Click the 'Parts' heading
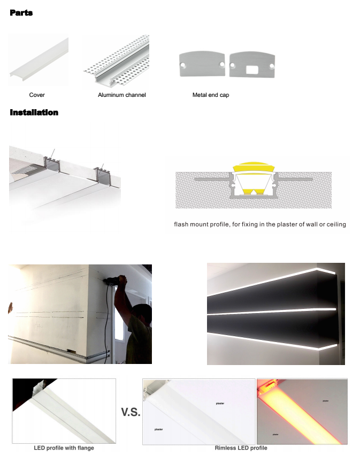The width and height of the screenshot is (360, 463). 21,12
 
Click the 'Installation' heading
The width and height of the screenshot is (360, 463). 34,112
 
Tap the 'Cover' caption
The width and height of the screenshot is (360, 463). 37,95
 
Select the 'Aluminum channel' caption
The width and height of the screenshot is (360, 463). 121,95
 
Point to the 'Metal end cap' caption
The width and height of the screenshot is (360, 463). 211,95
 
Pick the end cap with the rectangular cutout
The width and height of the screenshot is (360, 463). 251,65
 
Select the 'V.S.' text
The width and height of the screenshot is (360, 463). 130,412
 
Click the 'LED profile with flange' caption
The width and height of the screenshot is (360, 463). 64,447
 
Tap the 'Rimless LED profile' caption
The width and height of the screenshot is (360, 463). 241,447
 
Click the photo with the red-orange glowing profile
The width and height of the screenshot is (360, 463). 302,411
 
